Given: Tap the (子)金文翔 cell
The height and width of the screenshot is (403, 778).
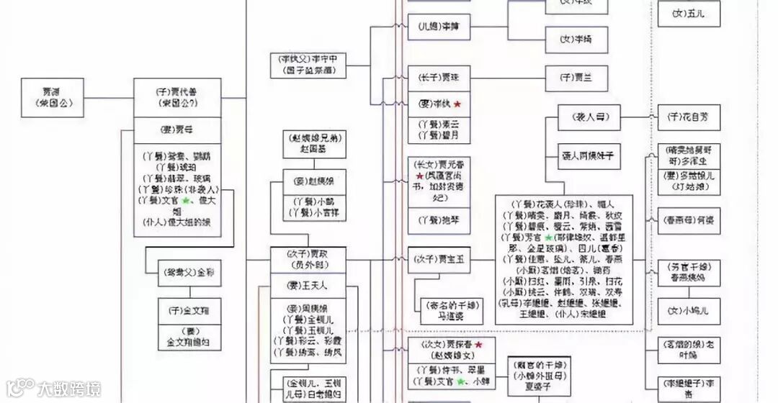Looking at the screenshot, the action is click(189, 311).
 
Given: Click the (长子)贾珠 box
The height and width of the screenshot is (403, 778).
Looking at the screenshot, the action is click(439, 77).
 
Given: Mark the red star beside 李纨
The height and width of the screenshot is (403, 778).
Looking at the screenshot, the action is click(457, 104).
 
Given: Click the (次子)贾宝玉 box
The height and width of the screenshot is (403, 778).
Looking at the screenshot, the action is click(439, 259).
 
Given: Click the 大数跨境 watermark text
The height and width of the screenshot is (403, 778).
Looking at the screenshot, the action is click(70, 389).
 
